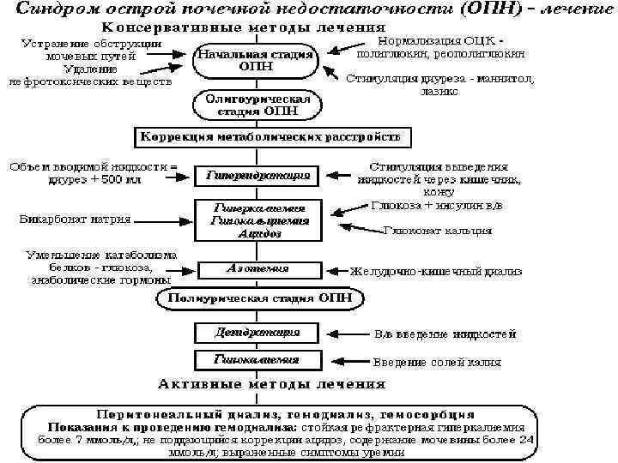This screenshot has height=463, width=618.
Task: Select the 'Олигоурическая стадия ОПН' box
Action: tap(255, 106)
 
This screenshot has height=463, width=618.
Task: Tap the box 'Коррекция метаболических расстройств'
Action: tap(270, 137)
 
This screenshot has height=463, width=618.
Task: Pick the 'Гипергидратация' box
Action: tap(256, 177)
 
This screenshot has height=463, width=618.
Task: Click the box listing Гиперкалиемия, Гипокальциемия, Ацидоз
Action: tap(256, 220)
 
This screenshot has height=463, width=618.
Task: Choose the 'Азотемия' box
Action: tap(256, 268)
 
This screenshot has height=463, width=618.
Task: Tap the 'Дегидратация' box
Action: tap(256, 331)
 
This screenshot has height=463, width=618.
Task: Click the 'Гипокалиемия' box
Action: tap(256, 360)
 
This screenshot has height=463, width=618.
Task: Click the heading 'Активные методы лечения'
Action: tap(270, 383)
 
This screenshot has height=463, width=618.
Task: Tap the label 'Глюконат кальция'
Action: tap(438, 230)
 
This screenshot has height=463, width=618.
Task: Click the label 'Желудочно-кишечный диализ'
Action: tap(435, 271)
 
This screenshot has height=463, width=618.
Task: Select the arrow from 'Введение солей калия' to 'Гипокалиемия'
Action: tap(342, 361)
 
